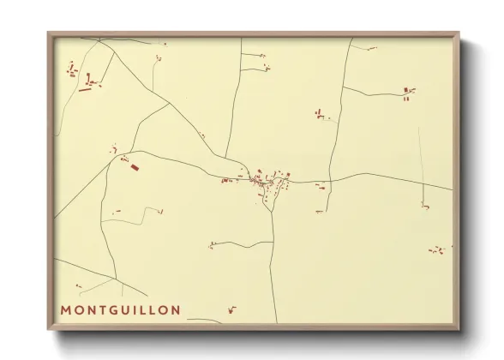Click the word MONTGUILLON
point(120,309)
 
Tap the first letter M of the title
point(66,309)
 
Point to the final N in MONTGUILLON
point(176,309)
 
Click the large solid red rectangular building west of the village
point(134,166)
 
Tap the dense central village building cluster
point(267,182)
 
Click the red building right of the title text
point(231,309)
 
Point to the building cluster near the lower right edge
point(437,251)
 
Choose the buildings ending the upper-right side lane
point(408,91)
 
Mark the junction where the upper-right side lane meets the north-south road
point(343,87)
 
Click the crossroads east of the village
point(327,182)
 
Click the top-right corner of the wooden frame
point(459,34)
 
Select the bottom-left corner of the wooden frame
point(49,330)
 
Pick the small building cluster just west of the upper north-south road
point(320,114)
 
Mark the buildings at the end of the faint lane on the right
point(424,206)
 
